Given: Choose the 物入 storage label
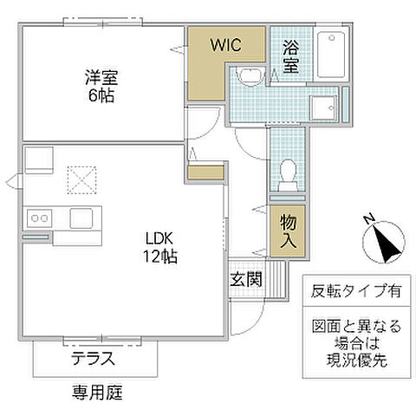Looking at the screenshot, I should [x=288, y=231].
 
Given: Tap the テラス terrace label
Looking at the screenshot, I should [x=93, y=359].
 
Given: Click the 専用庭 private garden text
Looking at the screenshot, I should [x=97, y=393].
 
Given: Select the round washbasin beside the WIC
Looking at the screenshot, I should [x=248, y=76].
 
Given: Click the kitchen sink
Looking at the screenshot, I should [x=84, y=218].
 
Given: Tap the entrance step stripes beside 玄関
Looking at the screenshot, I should [x=276, y=280].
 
